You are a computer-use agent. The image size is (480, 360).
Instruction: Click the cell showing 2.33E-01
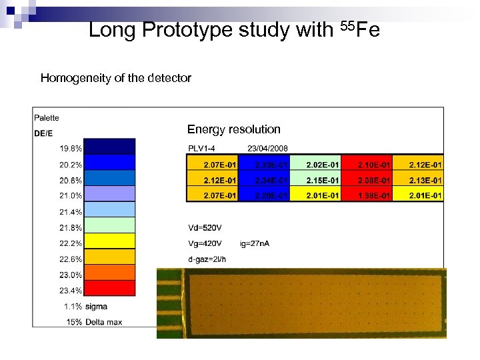(x=263, y=164)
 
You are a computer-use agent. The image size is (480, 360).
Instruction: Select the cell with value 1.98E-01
(x=366, y=195)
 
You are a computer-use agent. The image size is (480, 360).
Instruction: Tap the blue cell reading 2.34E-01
(x=263, y=180)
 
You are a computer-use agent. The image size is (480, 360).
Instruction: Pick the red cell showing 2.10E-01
(x=366, y=164)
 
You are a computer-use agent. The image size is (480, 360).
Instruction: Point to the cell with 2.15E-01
(x=315, y=180)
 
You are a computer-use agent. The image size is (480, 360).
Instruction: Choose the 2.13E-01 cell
(x=418, y=180)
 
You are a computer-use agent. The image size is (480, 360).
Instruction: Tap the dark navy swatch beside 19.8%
(x=109, y=148)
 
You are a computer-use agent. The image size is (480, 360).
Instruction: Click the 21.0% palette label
(x=71, y=196)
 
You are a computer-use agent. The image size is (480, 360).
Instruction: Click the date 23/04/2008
(x=267, y=148)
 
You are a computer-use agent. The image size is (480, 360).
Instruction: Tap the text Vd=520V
(x=206, y=227)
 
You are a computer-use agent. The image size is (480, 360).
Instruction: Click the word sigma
(x=97, y=306)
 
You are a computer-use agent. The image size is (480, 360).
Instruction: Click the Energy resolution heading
(x=234, y=129)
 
